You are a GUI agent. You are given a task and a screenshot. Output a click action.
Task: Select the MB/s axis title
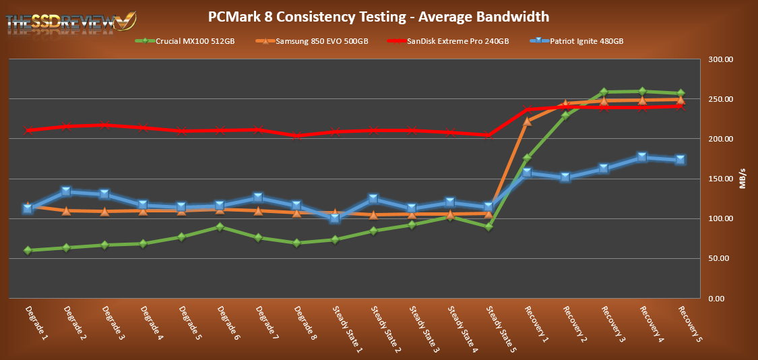point(743,179)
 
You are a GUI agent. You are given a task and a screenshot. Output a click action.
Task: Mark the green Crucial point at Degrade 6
point(220,227)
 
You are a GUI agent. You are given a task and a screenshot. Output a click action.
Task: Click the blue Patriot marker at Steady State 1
point(335,218)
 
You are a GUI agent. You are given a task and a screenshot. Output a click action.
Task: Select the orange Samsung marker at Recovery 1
point(527,121)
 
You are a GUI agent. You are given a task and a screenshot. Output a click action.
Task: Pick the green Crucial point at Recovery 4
point(642,91)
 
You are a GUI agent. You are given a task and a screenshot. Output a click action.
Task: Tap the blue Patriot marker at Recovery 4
point(642,157)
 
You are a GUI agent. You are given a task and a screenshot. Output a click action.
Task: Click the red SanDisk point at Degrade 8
point(296,136)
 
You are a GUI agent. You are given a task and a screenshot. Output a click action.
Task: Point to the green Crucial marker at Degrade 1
point(28,250)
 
